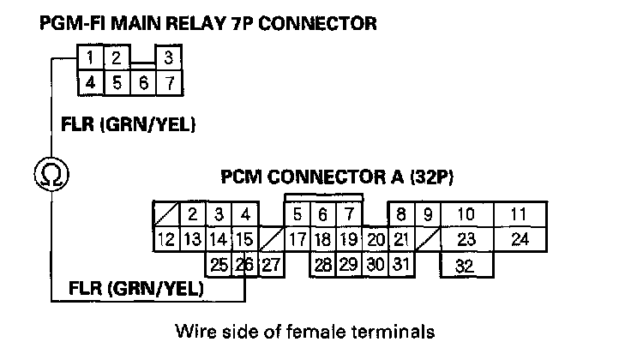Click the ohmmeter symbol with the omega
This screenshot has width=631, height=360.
pyautogui.click(x=51, y=175)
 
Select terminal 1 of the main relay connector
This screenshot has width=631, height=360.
pyautogui.click(x=91, y=57)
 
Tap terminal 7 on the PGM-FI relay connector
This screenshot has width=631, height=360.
pyautogui.click(x=170, y=83)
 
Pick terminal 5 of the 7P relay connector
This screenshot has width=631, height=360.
pyautogui.click(x=117, y=83)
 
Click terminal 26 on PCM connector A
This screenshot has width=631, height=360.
pyautogui.click(x=245, y=265)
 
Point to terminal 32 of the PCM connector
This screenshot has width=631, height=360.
pyautogui.click(x=466, y=265)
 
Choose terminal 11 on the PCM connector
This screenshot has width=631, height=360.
pyautogui.click(x=520, y=214)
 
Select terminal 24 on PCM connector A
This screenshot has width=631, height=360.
pyautogui.click(x=520, y=240)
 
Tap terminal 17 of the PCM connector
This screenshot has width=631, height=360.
pyautogui.click(x=297, y=240)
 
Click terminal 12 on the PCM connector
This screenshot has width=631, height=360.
pyautogui.click(x=166, y=240)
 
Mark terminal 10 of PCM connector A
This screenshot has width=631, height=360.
pyautogui.click(x=466, y=214)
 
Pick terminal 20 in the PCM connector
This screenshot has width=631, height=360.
pyautogui.click(x=376, y=240)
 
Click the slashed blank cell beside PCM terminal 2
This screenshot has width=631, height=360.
pyautogui.click(x=166, y=214)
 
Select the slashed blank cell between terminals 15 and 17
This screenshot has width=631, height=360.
pyautogui.click(x=271, y=240)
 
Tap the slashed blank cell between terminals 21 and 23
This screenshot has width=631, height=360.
pyautogui.click(x=428, y=240)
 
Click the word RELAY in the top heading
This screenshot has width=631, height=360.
pyautogui.click(x=196, y=23)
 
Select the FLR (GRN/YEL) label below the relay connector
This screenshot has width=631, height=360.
pyautogui.click(x=128, y=124)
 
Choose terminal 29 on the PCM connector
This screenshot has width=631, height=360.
pyautogui.click(x=349, y=265)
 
